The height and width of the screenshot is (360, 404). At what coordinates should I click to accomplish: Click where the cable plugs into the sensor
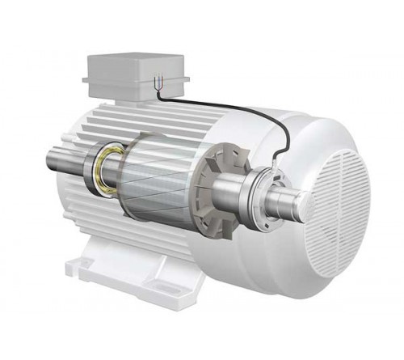pyautogui.click(x=276, y=166)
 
